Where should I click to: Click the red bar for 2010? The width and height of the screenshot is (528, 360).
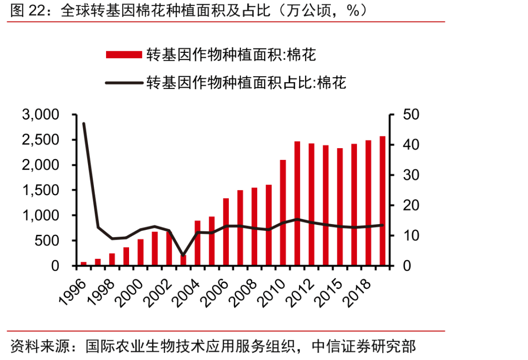point(283,213)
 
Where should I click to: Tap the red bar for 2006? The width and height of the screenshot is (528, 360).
point(226,232)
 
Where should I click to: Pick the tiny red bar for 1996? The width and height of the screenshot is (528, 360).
point(84,264)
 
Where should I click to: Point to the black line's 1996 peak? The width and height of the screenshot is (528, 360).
point(84,123)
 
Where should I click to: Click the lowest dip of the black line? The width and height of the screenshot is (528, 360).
point(183,255)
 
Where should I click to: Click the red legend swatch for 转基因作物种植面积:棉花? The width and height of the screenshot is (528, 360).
point(124,54)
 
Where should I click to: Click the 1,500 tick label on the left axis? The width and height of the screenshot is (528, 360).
point(41,190)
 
